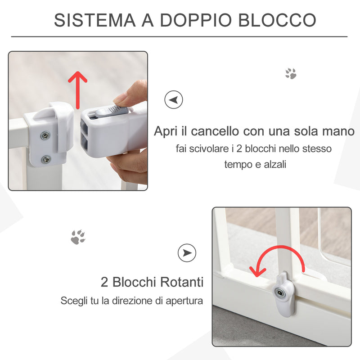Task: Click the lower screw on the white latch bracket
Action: click(x=46, y=159)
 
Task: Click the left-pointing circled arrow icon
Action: click(x=174, y=99)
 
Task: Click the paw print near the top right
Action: click(x=291, y=73)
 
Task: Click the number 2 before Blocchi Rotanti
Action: click(x=104, y=283)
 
